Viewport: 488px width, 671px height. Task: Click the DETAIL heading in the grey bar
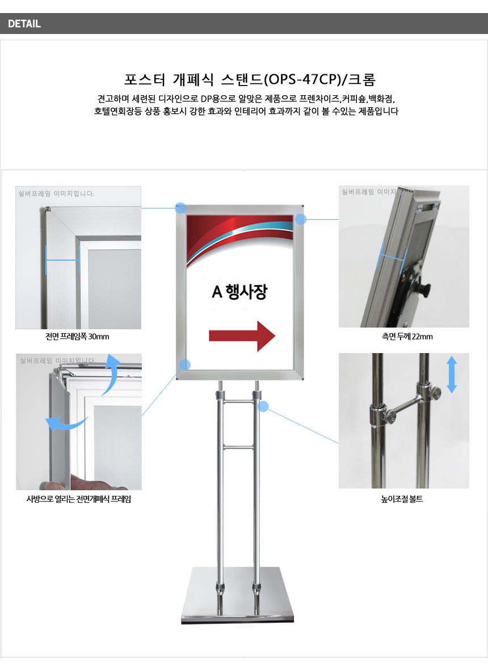coord(24,24)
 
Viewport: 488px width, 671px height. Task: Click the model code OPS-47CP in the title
coord(302,80)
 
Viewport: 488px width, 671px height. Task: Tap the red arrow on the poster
coord(242,336)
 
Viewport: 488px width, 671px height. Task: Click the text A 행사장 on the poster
coord(240,292)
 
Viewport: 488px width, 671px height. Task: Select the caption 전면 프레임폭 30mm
coord(77,337)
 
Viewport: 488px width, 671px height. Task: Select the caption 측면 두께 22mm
coord(407,337)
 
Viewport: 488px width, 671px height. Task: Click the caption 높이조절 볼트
coord(402,499)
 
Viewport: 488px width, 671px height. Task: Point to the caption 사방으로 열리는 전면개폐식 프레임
coord(79,499)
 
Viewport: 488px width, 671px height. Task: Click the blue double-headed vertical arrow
coord(452,375)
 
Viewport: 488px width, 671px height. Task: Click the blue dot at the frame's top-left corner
coord(181,209)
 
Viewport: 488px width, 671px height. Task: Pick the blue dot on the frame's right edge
coord(301,219)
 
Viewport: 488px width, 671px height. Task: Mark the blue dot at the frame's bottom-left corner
coord(185,365)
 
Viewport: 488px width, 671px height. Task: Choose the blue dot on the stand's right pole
coord(263,406)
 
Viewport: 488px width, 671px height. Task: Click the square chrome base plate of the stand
coord(238,595)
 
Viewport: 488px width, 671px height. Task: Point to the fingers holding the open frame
coord(86,483)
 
